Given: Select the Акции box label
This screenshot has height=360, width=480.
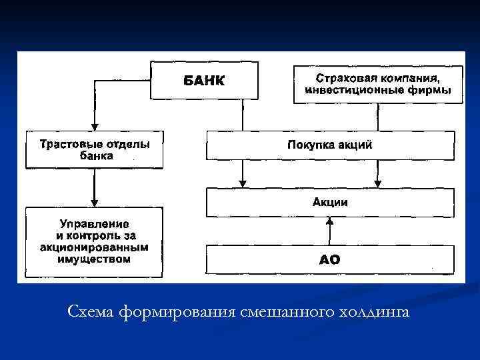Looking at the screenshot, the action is point(330,202).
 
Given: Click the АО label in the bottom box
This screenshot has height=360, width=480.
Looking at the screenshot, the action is point(329,259).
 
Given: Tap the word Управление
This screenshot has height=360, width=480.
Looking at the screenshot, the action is point(93,223).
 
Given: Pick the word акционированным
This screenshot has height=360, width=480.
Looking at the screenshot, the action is point(93,247).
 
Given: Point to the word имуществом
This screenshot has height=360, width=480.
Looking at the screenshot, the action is point(93,259).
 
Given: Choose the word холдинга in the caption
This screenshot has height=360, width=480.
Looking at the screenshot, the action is point(375,312).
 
